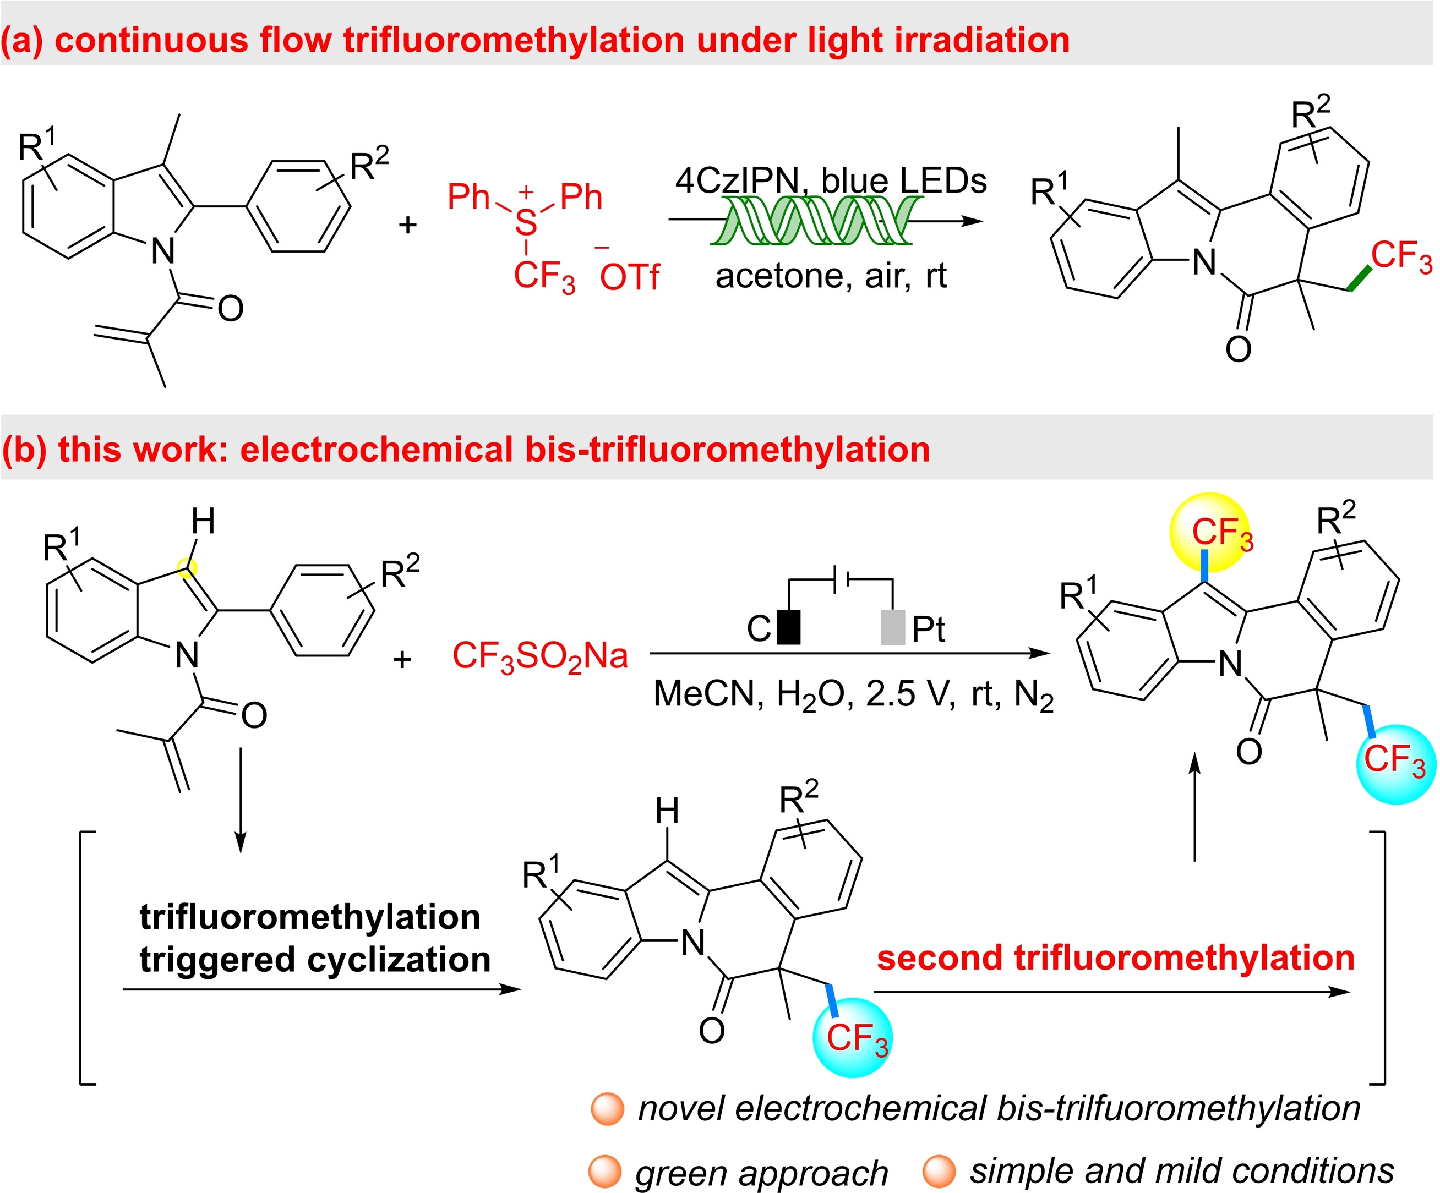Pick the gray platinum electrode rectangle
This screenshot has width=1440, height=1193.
[892, 627]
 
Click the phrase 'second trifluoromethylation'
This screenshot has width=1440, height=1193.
[1116, 959]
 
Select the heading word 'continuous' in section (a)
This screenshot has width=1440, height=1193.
[151, 40]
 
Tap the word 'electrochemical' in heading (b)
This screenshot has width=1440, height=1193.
[377, 450]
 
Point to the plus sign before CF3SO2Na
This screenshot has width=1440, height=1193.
[402, 659]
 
